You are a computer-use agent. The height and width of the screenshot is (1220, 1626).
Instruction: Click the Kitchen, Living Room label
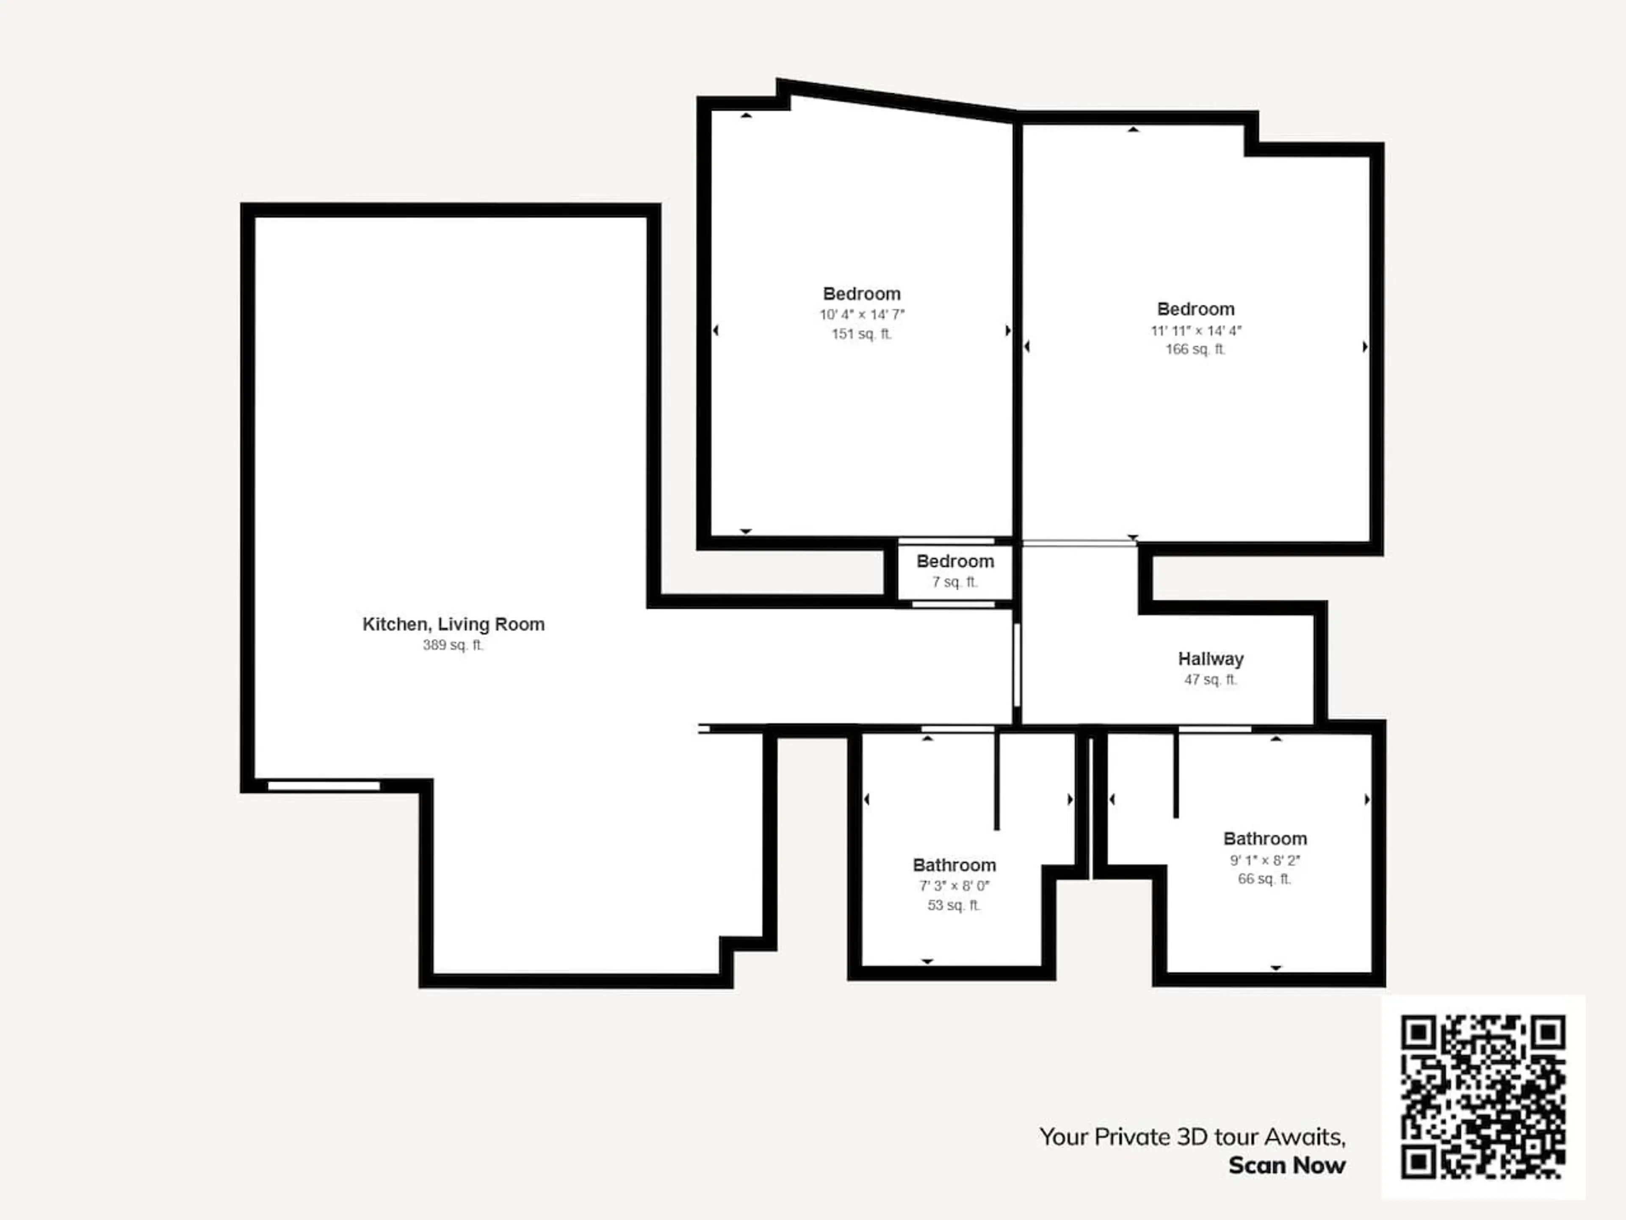[454, 624]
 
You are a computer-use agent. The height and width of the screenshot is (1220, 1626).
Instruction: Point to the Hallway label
[1211, 659]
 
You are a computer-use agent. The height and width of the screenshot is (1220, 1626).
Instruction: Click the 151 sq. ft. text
[862, 334]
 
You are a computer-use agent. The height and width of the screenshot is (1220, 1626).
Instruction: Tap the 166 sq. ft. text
[1196, 349]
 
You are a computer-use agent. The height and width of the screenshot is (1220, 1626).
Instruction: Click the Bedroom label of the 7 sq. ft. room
[955, 562]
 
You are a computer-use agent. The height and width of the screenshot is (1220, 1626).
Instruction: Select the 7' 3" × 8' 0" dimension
[954, 886]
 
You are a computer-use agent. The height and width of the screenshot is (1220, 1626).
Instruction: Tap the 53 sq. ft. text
[954, 905]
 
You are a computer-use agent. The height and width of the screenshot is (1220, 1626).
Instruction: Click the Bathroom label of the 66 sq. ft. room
[1265, 839]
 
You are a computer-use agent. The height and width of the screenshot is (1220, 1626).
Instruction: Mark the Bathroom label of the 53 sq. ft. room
[954, 865]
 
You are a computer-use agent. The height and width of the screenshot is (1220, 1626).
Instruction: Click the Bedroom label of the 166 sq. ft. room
[1196, 310]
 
